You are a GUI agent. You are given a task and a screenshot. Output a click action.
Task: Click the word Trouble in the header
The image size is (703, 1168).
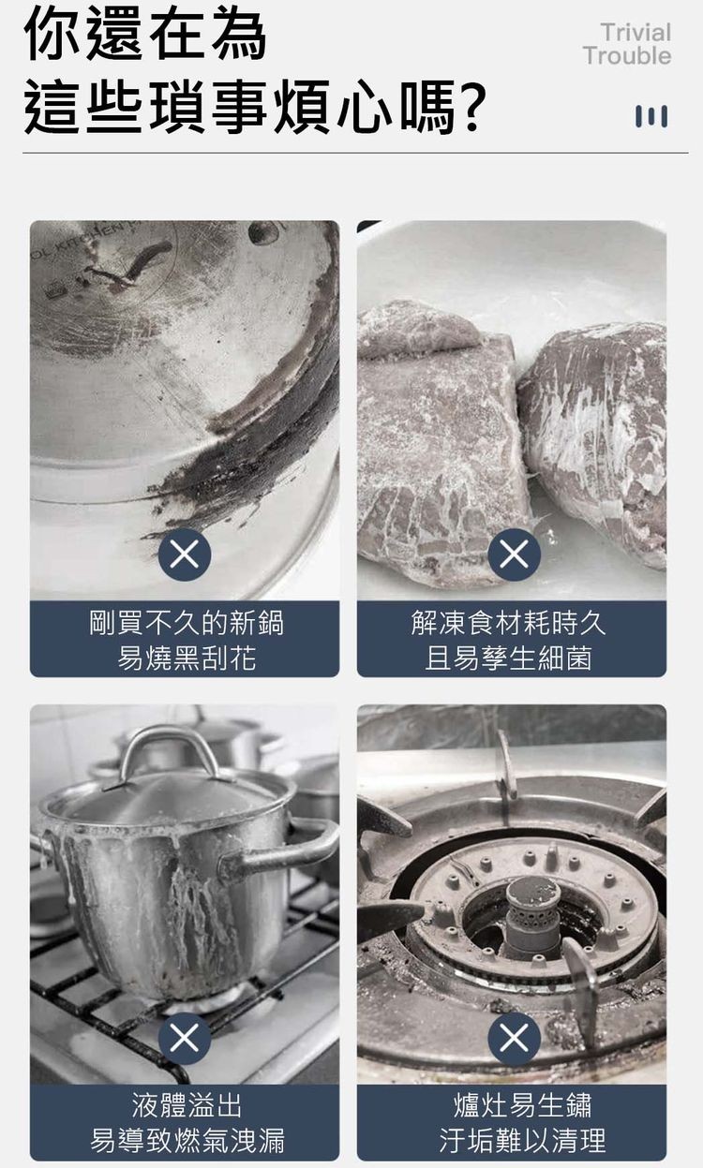click(626, 56)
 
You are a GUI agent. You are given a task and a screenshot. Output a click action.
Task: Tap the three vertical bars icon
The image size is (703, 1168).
click(651, 116)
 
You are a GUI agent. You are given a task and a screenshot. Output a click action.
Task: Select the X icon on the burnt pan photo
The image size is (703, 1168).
click(185, 554)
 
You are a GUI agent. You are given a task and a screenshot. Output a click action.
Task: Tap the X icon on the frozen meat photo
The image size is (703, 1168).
click(514, 554)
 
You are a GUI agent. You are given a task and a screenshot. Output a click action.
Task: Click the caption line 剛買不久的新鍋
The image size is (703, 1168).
click(186, 623)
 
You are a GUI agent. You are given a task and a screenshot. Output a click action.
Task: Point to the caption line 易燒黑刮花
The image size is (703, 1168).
click(186, 658)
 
